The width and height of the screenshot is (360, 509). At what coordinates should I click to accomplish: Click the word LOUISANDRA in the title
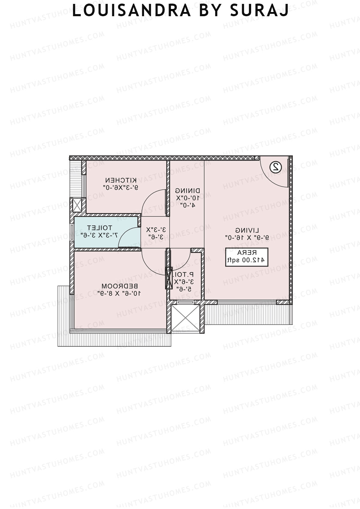[131, 11]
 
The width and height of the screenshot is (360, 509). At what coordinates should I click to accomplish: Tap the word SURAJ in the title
[259, 11]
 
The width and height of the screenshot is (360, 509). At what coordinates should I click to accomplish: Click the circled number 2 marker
[275, 167]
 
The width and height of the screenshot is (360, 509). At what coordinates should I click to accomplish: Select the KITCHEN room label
[121, 180]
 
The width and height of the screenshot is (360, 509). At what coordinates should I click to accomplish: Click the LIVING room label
[247, 230]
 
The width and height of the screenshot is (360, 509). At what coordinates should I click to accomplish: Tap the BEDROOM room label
[119, 286]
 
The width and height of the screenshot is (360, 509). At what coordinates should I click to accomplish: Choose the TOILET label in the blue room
[100, 228]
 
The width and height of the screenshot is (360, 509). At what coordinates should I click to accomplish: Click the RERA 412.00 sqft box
[247, 257]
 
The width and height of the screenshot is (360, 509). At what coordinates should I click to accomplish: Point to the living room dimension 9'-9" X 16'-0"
[247, 238]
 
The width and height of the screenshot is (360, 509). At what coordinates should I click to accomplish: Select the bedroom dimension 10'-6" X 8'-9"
[119, 293]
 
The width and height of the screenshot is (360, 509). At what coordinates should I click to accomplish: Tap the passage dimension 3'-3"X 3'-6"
[156, 233]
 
